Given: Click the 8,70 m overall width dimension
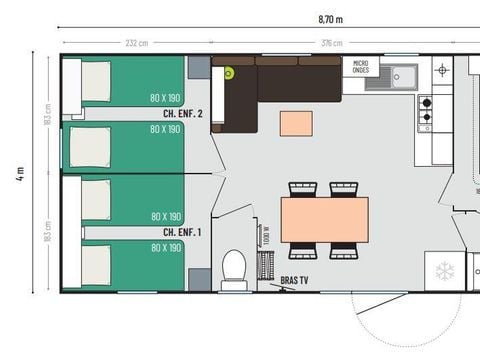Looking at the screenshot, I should tap(330, 18).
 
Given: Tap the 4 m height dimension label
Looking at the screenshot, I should tap(19, 171).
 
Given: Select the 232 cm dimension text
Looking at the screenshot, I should tap(137, 43).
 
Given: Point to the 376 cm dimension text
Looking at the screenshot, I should tap(330, 43).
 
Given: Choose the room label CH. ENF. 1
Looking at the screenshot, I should tap(183, 232).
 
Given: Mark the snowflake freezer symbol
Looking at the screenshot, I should tap(443, 271).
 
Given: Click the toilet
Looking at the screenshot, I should tap(234, 268).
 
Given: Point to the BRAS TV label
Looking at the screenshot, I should tap(294, 281).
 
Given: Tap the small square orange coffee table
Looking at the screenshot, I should tap(296, 122).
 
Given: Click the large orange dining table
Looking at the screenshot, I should tap(324, 219).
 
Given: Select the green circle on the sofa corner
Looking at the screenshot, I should tap(228, 73).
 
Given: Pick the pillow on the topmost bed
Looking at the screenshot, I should tap(96, 82).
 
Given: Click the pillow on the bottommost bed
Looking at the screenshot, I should tap(96, 266).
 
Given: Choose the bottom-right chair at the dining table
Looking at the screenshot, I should tap(345, 250).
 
